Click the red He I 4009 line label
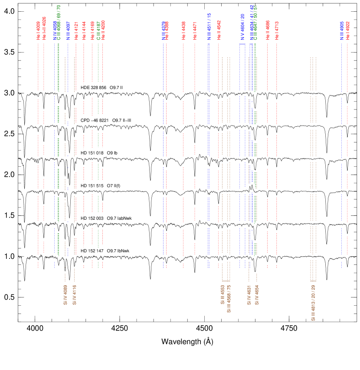click(x=38, y=31)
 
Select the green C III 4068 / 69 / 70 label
click(x=59, y=23)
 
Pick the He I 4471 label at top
click(x=195, y=31)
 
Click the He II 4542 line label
click(x=219, y=31)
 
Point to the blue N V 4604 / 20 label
click(x=242, y=27)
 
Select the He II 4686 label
click(x=268, y=30)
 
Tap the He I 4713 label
click(x=277, y=30)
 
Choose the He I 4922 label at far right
click(x=347, y=31)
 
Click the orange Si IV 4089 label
click(x=65, y=295)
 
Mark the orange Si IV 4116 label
click(x=74, y=295)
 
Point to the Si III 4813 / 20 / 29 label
click(x=313, y=303)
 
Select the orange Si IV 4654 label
click(x=257, y=295)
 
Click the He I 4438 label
click(x=183, y=31)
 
